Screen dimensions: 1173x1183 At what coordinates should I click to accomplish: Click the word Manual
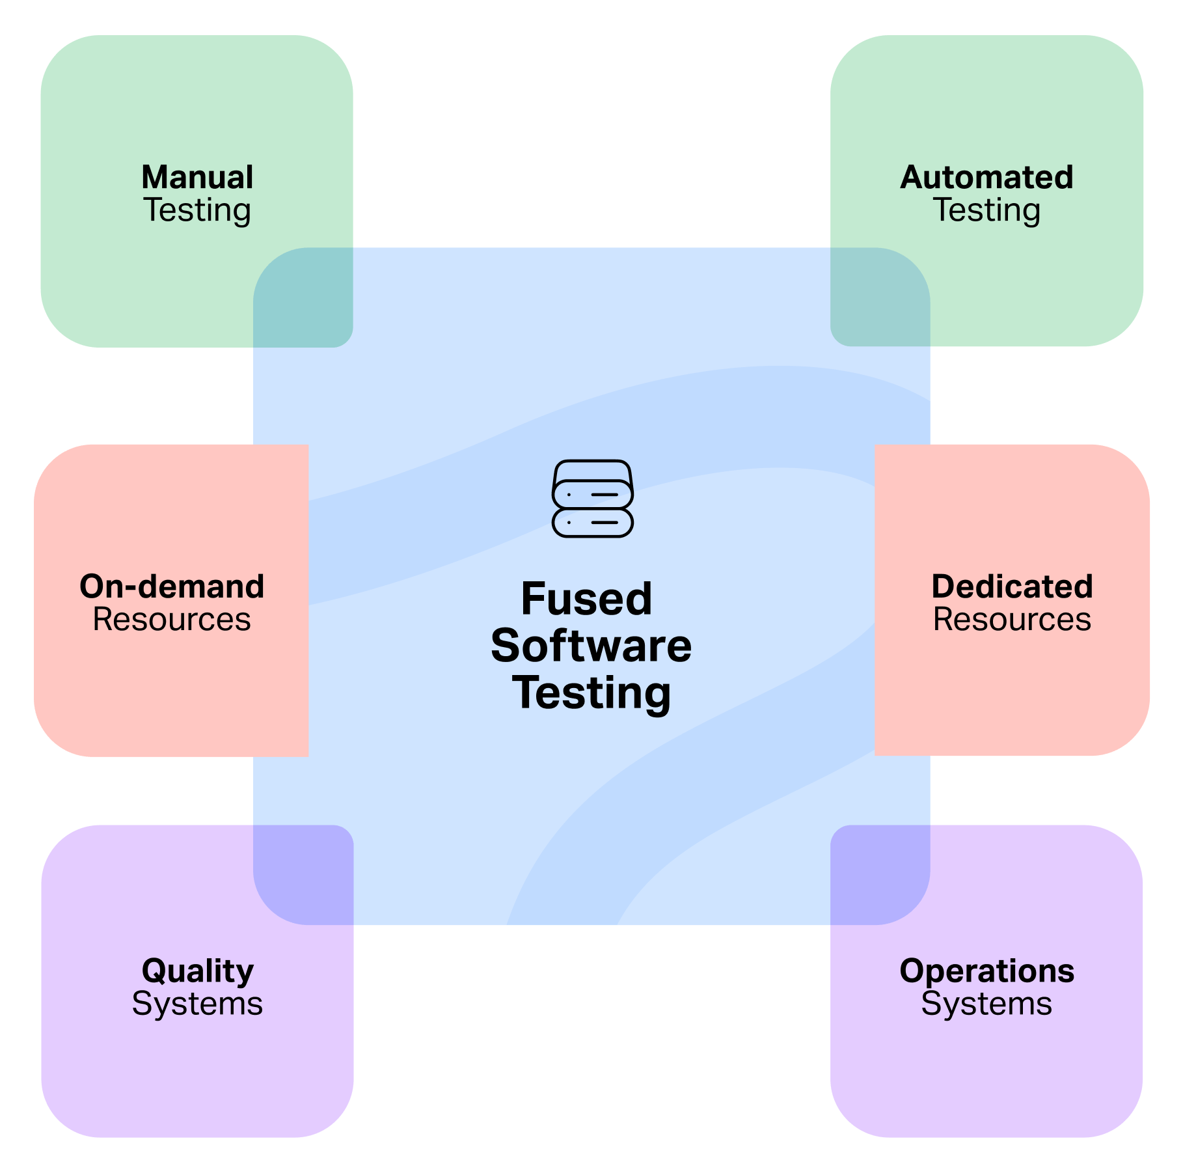pyautogui.click(x=197, y=178)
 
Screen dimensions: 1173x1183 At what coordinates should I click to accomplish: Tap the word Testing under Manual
pyautogui.click(x=197, y=210)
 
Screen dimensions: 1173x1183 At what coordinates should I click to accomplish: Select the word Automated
pyautogui.click(x=986, y=178)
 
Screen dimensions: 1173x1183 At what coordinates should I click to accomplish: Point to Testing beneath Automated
pyautogui.click(x=986, y=210)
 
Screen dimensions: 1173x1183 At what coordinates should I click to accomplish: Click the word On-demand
pyautogui.click(x=172, y=586)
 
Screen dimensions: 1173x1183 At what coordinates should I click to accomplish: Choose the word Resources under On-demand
pyautogui.click(x=172, y=619)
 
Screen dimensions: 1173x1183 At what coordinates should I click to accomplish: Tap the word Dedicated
pyautogui.click(x=1012, y=586)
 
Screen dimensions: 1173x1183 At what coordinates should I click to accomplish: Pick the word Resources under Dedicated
pyautogui.click(x=1012, y=619)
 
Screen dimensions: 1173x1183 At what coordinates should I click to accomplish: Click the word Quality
pyautogui.click(x=197, y=971)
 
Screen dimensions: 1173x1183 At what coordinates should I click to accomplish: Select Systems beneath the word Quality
pyautogui.click(x=197, y=1004)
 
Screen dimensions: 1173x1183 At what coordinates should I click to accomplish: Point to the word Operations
pyautogui.click(x=986, y=971)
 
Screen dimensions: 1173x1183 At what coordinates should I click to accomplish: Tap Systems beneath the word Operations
pyautogui.click(x=986, y=1004)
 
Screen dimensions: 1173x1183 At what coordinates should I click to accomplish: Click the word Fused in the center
pyautogui.click(x=586, y=599)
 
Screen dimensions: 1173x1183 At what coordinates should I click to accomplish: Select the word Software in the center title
pyautogui.click(x=591, y=646)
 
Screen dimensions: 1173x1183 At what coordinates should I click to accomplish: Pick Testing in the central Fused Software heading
pyautogui.click(x=591, y=693)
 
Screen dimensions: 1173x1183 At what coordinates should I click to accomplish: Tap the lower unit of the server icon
pyautogui.click(x=592, y=522)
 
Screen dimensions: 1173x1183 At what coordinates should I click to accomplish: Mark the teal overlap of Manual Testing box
pyautogui.click(x=303, y=297)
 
